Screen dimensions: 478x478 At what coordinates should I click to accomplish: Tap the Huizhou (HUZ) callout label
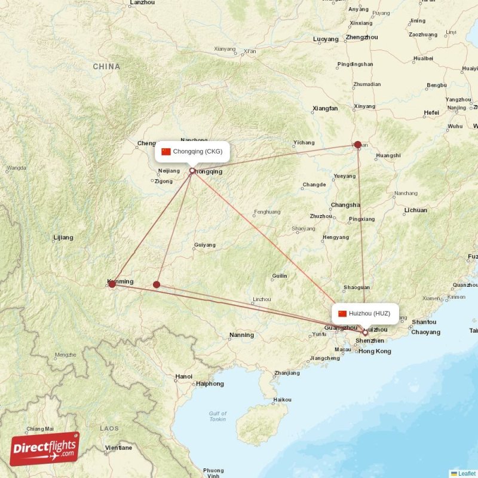coord(365,313)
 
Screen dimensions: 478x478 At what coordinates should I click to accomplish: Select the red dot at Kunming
coord(112,284)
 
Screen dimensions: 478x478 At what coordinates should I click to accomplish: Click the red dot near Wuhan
coord(358,145)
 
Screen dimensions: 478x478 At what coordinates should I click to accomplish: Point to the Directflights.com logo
coord(45,449)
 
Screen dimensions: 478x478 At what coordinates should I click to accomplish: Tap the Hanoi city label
coord(184,376)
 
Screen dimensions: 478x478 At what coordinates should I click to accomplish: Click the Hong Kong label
coord(375,351)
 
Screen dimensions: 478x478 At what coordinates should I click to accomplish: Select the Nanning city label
coord(241,335)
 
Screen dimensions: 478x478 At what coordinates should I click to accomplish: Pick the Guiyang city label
coord(204,245)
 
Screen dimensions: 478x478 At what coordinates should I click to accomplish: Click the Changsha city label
coord(345,204)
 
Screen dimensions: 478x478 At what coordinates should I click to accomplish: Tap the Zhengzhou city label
coord(361,37)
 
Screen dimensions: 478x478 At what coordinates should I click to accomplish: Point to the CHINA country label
coord(106,67)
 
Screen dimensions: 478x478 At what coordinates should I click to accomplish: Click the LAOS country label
coord(109,428)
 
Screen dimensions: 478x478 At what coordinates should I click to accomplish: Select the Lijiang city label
coord(63,238)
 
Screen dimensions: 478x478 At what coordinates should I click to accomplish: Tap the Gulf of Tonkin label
coord(217,416)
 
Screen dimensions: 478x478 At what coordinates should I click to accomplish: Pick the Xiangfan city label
coord(325,109)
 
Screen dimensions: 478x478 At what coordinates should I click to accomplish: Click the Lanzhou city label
coord(142,3)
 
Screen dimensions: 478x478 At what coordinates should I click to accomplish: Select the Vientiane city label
coord(118,448)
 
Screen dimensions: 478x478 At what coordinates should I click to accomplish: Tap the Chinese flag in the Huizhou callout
coord(342,313)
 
